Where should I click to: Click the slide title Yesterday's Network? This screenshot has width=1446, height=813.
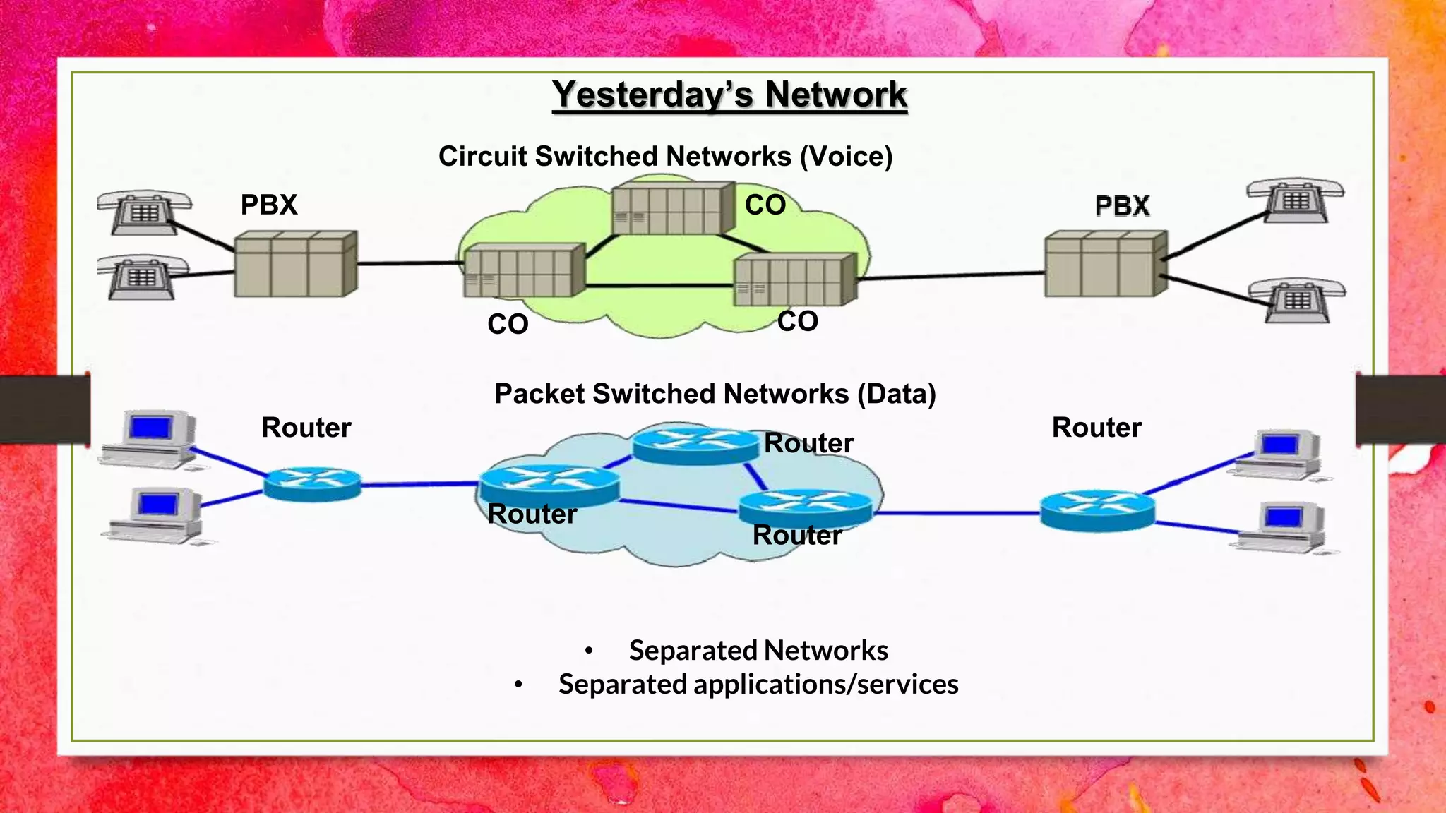click(729, 95)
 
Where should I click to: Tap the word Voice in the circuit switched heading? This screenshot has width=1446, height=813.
click(846, 157)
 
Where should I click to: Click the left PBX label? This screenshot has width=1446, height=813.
click(269, 205)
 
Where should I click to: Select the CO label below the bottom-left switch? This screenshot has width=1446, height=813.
click(508, 325)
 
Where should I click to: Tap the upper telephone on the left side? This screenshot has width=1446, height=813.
click(143, 211)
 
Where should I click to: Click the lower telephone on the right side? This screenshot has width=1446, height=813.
click(1296, 300)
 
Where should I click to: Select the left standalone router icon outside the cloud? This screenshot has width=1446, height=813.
click(312, 483)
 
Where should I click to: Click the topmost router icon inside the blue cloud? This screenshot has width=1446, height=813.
click(695, 445)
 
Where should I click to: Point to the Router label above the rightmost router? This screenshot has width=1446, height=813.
click(1097, 428)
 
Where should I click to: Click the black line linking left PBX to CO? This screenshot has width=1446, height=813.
click(410, 263)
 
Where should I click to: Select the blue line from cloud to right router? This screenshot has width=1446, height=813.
click(957, 513)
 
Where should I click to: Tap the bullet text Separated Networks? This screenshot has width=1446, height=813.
click(758, 650)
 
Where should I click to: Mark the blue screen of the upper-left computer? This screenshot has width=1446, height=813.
click(150, 428)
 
